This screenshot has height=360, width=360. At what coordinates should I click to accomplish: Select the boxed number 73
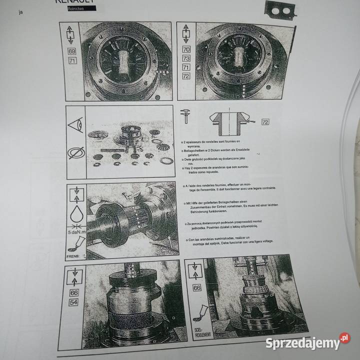point(186,58)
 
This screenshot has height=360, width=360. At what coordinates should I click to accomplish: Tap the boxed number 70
point(186,49)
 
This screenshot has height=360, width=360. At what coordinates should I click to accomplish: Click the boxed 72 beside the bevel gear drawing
point(265,121)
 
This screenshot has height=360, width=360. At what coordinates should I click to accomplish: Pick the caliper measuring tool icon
point(186,115)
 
